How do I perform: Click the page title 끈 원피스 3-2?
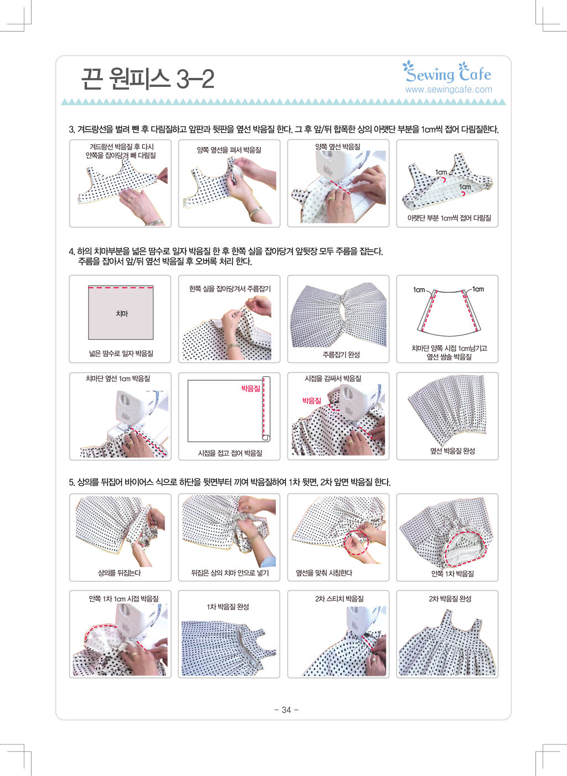click(x=148, y=79)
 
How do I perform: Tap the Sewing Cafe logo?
click(x=447, y=72)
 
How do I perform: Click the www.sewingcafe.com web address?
click(x=449, y=90)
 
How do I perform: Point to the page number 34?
click(x=286, y=710)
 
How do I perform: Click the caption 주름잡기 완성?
click(x=341, y=354)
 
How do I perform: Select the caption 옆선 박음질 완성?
click(x=452, y=451)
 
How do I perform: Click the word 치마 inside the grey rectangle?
click(x=122, y=313)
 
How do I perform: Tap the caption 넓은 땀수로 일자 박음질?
click(x=121, y=353)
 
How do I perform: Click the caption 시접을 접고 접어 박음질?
click(x=230, y=453)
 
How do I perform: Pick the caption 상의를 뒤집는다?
click(x=119, y=573)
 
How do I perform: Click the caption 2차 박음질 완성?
click(x=450, y=599)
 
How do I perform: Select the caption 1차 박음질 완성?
click(x=228, y=607)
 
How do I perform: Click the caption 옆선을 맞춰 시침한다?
click(x=324, y=573)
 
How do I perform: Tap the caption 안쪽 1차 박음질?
click(x=452, y=573)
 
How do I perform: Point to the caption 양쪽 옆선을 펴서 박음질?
click(x=229, y=150)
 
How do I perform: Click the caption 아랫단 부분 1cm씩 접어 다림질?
click(x=449, y=218)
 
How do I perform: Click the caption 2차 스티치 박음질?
click(x=339, y=599)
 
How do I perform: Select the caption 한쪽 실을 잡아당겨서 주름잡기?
click(x=230, y=288)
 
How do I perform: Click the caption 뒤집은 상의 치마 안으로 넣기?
click(x=230, y=573)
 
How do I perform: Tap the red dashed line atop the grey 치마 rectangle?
click(x=121, y=287)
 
